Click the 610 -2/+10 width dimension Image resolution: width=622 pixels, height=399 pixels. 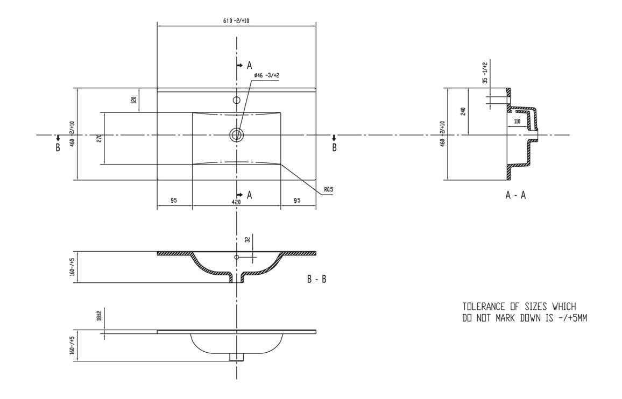236,20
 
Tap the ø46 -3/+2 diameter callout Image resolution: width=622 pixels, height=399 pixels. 266,75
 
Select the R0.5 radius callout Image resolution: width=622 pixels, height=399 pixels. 328,190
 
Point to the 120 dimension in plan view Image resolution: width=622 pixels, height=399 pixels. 134,100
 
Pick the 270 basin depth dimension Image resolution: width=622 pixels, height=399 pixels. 99,138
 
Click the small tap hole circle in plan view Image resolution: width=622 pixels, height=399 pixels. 236,99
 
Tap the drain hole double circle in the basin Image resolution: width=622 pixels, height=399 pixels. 236,134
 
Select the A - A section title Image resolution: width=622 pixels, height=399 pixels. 515,196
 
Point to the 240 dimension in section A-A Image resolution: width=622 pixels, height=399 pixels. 463,111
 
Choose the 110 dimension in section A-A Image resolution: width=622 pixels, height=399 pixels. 517,122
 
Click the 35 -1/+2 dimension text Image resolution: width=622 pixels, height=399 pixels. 485,73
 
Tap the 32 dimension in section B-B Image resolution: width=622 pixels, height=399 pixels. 246,240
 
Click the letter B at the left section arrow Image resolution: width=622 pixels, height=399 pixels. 58,148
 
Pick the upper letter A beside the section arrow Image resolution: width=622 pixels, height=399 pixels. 249,66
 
